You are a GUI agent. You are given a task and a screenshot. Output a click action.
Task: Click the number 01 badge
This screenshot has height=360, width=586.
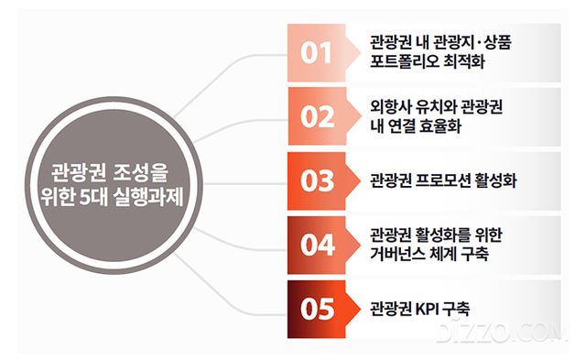point(316,53)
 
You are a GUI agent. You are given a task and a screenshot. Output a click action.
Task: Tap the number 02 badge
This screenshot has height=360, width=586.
point(316,116)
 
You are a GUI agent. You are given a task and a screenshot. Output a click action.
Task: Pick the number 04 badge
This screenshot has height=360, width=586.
point(316,245)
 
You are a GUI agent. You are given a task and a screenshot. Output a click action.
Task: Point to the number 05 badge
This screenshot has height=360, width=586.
point(316,309)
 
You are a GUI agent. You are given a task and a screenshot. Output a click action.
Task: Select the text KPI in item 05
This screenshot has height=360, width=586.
point(429,309)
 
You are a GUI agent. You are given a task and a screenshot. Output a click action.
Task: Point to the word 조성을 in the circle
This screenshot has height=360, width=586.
point(142,171)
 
